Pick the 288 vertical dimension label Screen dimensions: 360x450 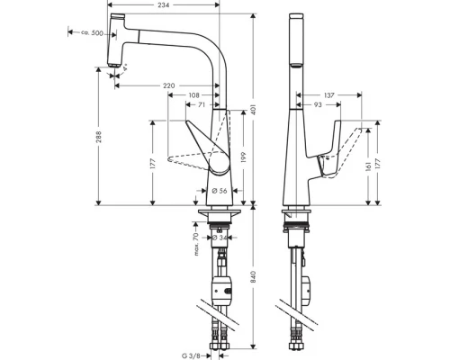(99, 140)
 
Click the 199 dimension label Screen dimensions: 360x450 (242, 155)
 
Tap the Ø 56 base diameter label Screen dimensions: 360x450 (219, 191)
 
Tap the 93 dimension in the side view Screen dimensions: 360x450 (318, 106)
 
